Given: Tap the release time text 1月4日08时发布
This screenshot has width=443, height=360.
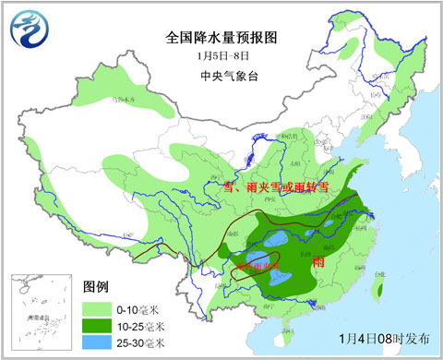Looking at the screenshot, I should pyautogui.click(x=383, y=338).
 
